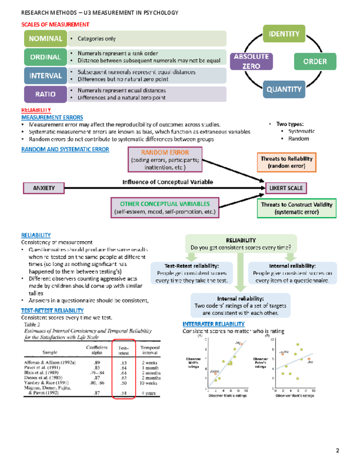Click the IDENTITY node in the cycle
coord(284,34)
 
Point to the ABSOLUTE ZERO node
coord(252,61)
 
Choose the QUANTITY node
coord(284,89)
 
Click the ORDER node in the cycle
coord(315,61)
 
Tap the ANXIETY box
coord(44,188)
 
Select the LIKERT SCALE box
coord(286,188)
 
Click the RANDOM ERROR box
coord(165,159)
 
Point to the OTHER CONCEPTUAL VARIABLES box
coord(165,207)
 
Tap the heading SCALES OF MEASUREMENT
coord(55,25)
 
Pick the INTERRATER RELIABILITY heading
coord(213,324)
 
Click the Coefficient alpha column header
coord(97,349)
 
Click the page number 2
coord(338,451)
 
